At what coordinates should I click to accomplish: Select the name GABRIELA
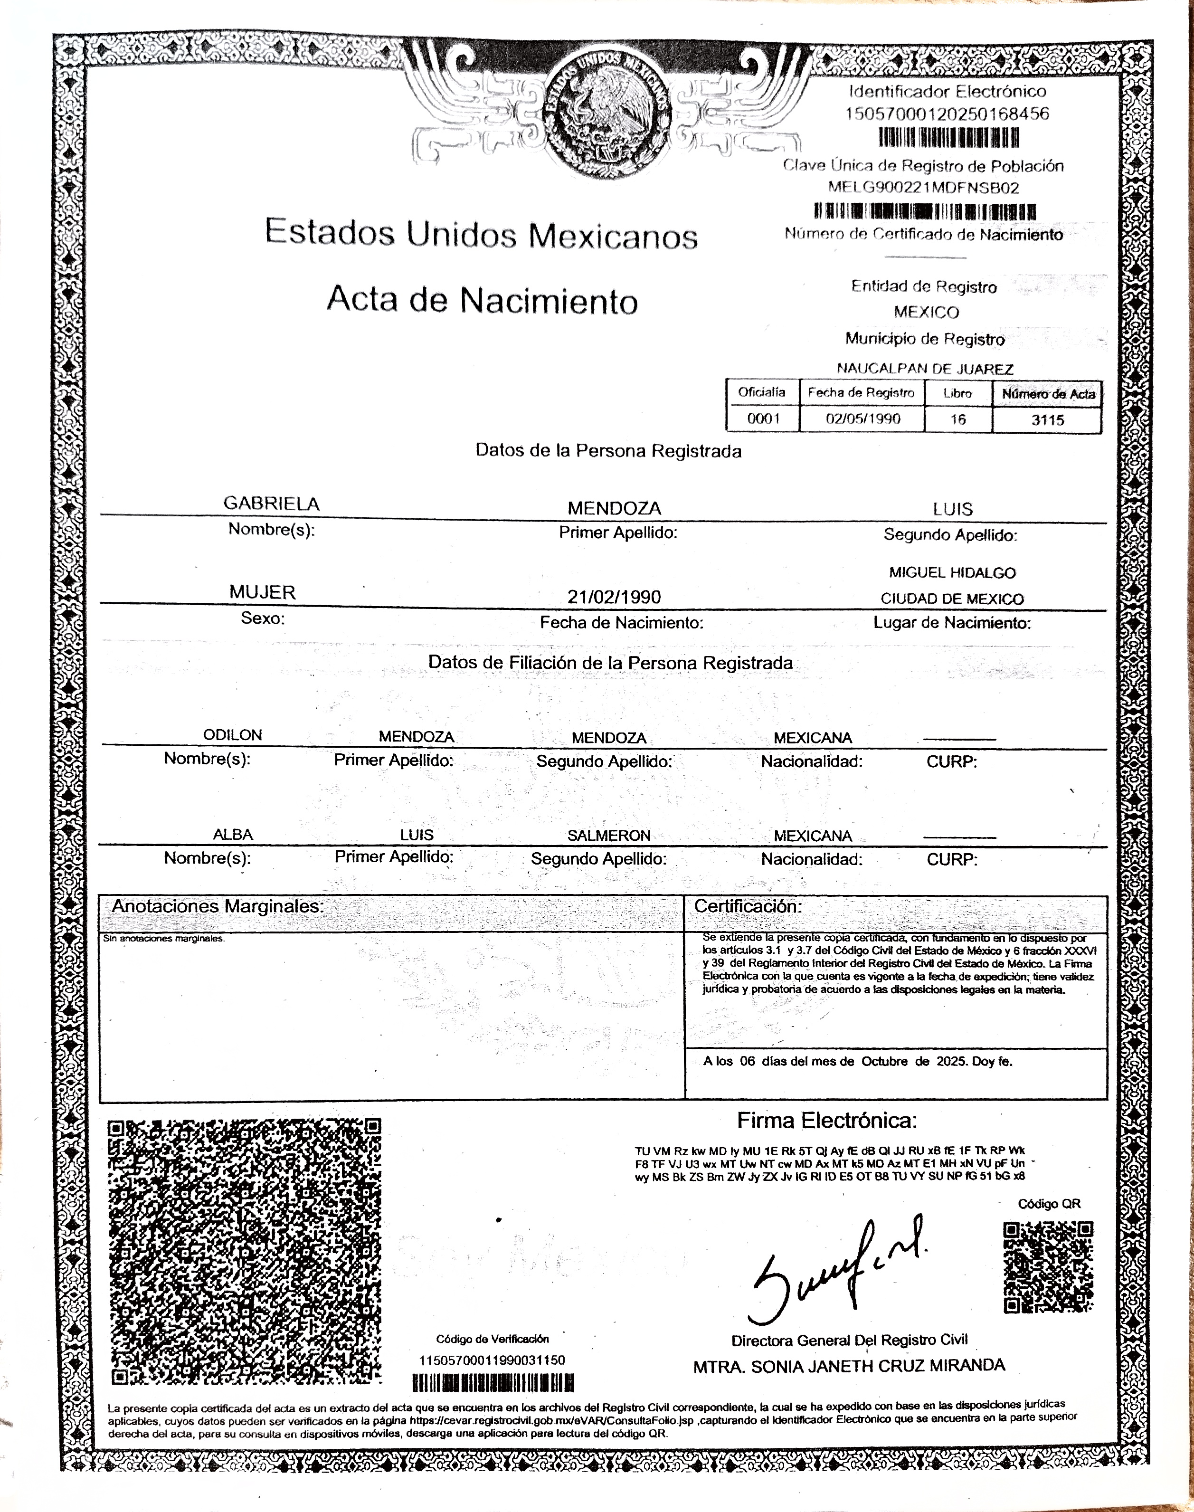(x=271, y=504)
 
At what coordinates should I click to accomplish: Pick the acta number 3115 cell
(x=1047, y=419)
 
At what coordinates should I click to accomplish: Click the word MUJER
(x=263, y=592)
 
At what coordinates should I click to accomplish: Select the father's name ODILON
(x=233, y=735)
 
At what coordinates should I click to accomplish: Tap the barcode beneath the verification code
(x=493, y=1383)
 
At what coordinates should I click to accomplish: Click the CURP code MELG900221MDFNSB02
(x=923, y=187)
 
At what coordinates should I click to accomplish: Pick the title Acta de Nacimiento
(x=483, y=301)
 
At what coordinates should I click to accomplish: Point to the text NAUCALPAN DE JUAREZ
(x=925, y=369)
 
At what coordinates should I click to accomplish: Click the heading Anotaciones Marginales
(x=218, y=906)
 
